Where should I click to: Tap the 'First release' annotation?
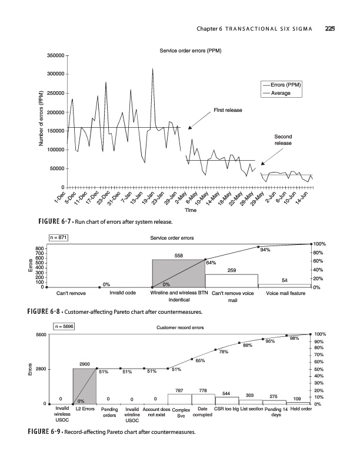pyautogui.click(x=226, y=110)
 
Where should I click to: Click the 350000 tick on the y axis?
pyautogui.click(x=55, y=55)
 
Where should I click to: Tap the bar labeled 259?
pyautogui.click(x=231, y=280)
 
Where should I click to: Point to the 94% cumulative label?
pyautogui.click(x=265, y=250)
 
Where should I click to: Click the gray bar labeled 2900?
pyautogui.click(x=84, y=386)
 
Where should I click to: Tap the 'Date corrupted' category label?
pyautogui.click(x=202, y=412)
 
